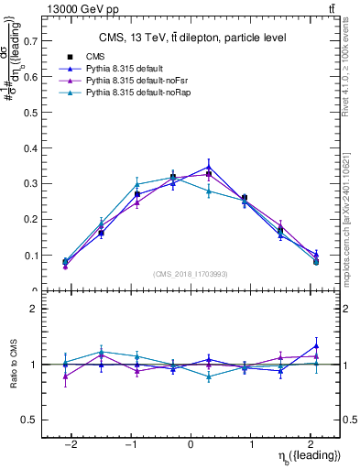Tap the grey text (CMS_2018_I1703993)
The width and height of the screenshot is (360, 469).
(x=191, y=274)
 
